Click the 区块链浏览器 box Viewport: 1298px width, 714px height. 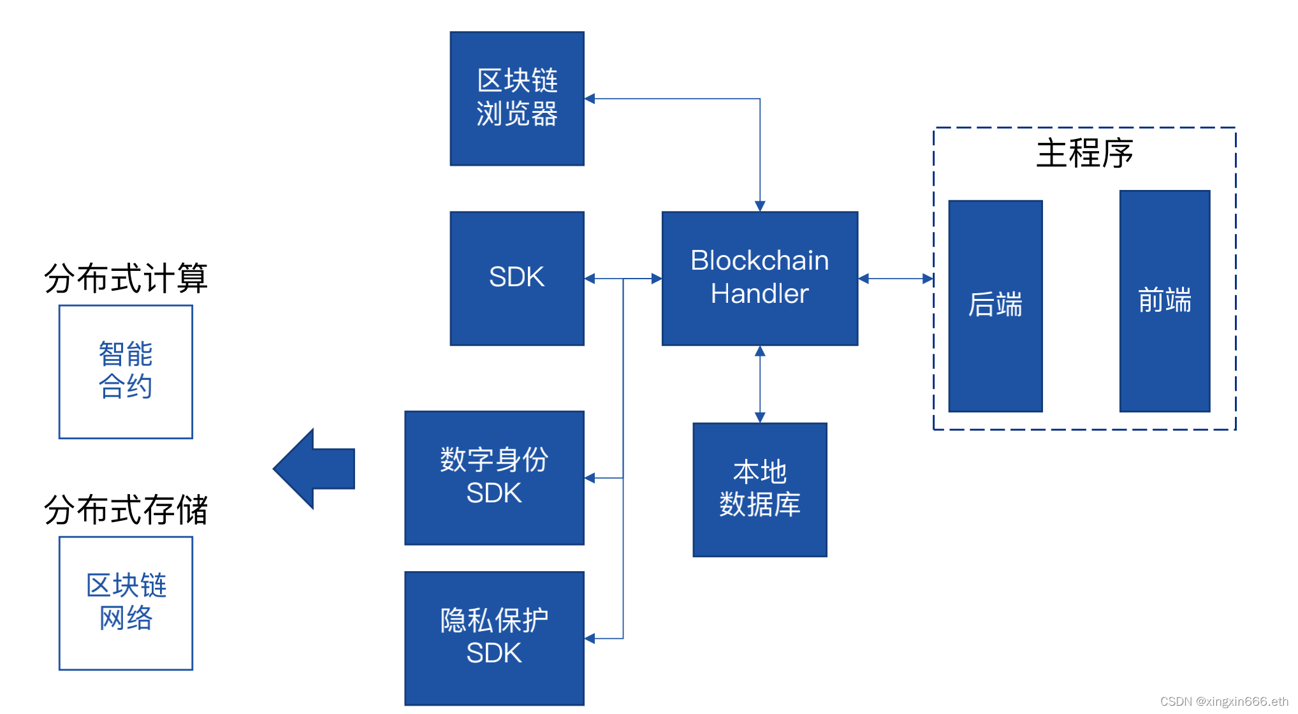click(517, 99)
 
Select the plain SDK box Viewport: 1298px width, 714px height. click(517, 279)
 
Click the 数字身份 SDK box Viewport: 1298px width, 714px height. click(494, 477)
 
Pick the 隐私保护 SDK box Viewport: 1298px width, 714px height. click(494, 638)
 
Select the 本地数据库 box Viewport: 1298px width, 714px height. click(760, 490)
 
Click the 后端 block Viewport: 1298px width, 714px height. click(995, 306)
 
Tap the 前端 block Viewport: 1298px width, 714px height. click(1165, 301)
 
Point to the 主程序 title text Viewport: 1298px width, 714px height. click(1084, 154)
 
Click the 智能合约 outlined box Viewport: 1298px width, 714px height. click(126, 372)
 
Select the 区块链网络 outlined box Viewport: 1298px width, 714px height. click(126, 603)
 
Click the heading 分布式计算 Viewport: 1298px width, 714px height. click(126, 279)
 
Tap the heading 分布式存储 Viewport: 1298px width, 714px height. click(126, 510)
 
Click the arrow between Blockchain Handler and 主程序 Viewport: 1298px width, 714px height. click(896, 279)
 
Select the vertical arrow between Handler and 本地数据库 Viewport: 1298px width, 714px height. click(760, 384)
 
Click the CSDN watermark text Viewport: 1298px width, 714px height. click(1224, 701)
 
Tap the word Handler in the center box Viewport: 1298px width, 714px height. click(760, 294)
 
